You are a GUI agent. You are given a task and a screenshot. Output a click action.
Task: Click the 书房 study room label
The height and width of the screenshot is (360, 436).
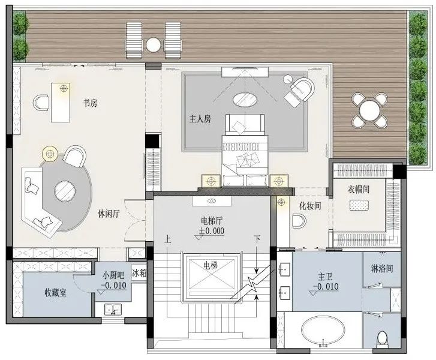pyautogui.click(x=91, y=103)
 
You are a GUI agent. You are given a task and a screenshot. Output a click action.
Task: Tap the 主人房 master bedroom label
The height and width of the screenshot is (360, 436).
pyautogui.click(x=200, y=119)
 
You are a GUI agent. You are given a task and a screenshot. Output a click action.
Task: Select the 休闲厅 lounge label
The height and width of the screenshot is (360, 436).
pyautogui.click(x=109, y=214)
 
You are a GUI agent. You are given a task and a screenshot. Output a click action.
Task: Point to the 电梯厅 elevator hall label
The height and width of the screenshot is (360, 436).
pyautogui.click(x=212, y=221)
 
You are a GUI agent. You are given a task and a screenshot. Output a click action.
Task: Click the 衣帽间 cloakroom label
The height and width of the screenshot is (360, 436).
pyautogui.click(x=359, y=190)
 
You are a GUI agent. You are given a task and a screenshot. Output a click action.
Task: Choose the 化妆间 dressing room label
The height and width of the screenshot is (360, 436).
pyautogui.click(x=310, y=206)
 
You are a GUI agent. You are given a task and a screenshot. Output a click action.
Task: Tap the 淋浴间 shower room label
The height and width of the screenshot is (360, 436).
pyautogui.click(x=382, y=268)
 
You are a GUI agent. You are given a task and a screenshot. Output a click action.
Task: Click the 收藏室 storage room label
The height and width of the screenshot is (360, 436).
pyautogui.click(x=56, y=292)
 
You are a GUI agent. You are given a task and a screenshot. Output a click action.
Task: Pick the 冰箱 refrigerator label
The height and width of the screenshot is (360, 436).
pyautogui.click(x=139, y=273)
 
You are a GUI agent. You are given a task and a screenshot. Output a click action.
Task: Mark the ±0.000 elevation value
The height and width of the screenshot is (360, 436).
pyautogui.click(x=212, y=231)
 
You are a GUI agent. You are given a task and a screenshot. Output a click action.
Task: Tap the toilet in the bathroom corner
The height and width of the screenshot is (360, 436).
pyautogui.click(x=383, y=338)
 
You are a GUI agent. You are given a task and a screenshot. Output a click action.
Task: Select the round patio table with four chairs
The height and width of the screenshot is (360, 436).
pyautogui.click(x=369, y=110)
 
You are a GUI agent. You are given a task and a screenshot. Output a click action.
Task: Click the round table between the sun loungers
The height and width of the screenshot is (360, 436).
pyautogui.click(x=153, y=45)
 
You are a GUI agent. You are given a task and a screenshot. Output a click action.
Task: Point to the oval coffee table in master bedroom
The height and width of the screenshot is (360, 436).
pyautogui.click(x=245, y=100)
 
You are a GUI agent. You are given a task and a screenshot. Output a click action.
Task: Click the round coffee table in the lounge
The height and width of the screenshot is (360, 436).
pyautogui.click(x=65, y=191)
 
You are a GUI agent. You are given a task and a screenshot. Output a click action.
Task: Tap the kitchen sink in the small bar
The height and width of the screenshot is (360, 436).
pyautogui.click(x=113, y=310)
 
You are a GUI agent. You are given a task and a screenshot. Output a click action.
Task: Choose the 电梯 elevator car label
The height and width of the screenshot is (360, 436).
pyautogui.click(x=211, y=266)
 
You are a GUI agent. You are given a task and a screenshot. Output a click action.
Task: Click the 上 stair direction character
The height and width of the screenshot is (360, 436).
pyautogui.click(x=168, y=239)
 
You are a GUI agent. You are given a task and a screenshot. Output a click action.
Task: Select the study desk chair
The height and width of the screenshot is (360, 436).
pyautogui.click(x=41, y=103)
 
